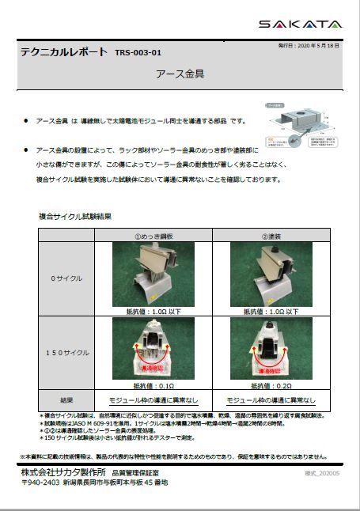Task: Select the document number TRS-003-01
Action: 138,53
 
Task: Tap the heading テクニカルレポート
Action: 63,52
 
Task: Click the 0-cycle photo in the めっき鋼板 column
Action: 153,274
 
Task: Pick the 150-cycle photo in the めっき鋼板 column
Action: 153,348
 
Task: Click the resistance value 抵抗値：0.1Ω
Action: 153,385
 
